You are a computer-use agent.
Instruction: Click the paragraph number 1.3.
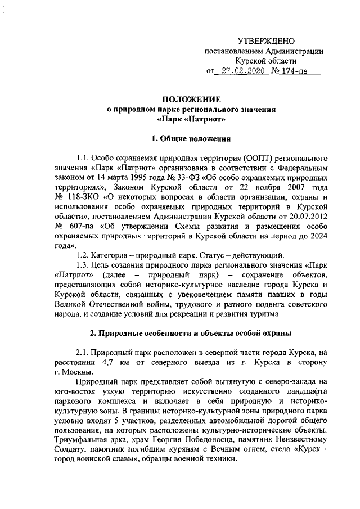[84, 268]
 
